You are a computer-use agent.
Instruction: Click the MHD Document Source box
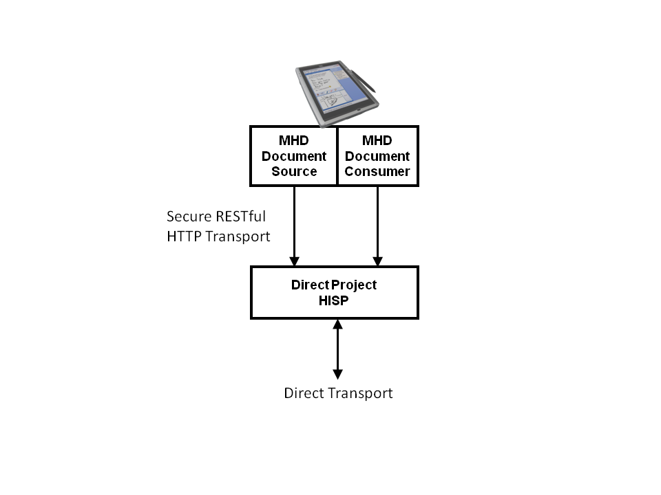293,156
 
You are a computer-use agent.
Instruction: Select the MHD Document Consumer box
377,156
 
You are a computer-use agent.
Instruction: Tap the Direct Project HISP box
334,293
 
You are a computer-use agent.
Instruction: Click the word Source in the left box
294,172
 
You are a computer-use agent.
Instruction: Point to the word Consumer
377,172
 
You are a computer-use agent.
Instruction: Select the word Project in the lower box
354,285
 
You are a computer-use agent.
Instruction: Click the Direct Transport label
338,393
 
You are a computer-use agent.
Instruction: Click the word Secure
188,217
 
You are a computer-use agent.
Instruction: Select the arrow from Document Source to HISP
294,223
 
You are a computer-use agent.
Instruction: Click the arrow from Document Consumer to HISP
377,223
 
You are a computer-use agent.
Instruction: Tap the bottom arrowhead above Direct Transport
337,374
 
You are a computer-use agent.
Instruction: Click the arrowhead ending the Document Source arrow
294,261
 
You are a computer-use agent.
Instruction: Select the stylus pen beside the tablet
366,80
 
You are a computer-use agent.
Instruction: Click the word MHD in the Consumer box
377,141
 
